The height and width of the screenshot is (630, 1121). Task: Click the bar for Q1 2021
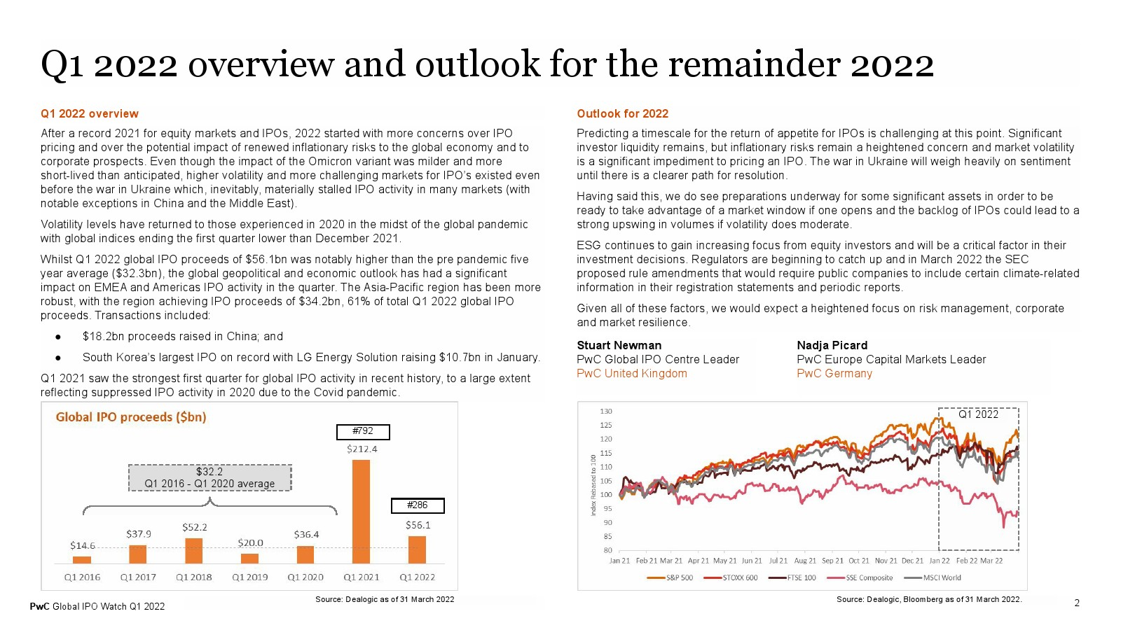361,512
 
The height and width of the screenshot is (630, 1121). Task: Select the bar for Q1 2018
193,551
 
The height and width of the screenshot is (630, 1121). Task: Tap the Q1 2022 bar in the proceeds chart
417,550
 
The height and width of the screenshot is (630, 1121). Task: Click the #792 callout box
363,431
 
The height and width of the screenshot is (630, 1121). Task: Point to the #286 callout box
418,505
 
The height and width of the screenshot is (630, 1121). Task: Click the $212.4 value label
362,449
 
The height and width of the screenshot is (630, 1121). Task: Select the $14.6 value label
83,545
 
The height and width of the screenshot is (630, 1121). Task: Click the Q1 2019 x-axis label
249,577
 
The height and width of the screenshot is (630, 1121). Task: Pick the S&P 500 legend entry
670,577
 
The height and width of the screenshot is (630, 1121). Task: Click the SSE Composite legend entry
860,577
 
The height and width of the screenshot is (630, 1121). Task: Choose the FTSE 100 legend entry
792,577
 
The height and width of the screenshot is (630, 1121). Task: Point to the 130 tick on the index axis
605,411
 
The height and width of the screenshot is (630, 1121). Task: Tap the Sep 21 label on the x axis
832,561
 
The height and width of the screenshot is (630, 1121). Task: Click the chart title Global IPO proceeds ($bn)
130,417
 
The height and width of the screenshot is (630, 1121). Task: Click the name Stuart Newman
619,345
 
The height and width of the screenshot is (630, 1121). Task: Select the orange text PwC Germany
834,374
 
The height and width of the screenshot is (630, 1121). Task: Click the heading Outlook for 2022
623,113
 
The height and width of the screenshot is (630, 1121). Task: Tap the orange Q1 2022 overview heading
90,113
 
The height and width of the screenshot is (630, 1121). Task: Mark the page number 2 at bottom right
1077,603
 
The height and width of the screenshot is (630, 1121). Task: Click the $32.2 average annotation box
209,477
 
